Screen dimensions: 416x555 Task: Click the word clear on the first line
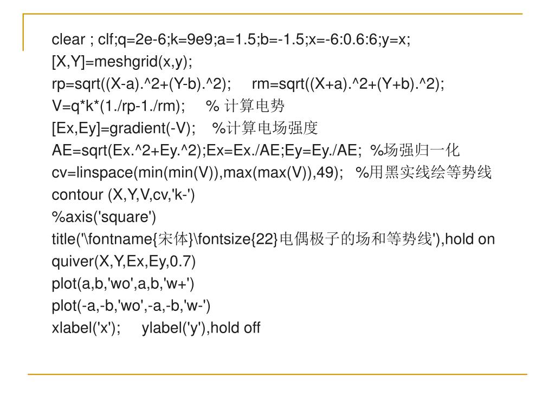pos(68,40)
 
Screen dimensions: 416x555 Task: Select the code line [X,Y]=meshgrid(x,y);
pos(122,62)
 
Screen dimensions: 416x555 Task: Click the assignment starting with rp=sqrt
pos(141,84)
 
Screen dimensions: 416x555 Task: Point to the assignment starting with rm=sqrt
pos(349,84)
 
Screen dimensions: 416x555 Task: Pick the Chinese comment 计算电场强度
pos(272,128)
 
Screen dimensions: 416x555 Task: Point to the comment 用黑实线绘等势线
pos(430,173)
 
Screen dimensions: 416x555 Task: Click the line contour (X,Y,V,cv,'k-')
pos(123,195)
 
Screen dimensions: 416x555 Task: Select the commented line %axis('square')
pos(104,217)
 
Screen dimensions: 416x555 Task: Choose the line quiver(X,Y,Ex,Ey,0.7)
pos(124,262)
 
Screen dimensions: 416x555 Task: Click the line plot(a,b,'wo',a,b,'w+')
pos(123,284)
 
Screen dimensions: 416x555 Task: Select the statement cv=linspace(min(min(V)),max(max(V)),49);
pos(197,173)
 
